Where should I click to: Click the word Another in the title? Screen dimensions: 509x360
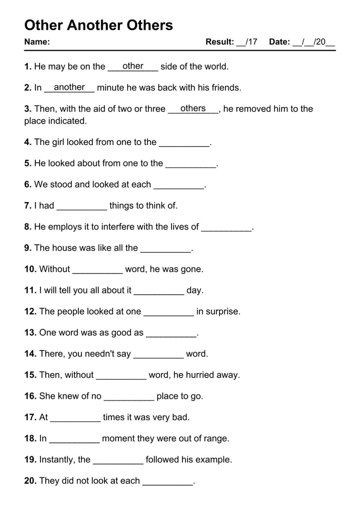[95, 25]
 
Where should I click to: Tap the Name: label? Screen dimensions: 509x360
[37, 42]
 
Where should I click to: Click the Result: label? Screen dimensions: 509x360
[220, 42]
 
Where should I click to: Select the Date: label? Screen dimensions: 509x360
[279, 42]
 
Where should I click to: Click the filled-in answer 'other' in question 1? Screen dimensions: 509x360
[133, 66]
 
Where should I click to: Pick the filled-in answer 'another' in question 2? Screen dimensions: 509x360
[69, 87]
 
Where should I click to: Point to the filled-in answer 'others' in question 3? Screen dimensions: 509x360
[193, 108]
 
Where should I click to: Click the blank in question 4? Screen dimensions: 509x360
[184, 143]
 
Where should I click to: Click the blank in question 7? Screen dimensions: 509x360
[82, 207]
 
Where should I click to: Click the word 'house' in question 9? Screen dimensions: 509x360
[63, 248]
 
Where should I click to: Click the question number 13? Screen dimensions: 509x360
[30, 333]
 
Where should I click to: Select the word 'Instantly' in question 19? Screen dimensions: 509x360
[56, 460]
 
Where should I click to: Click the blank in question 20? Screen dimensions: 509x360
[168, 482]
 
